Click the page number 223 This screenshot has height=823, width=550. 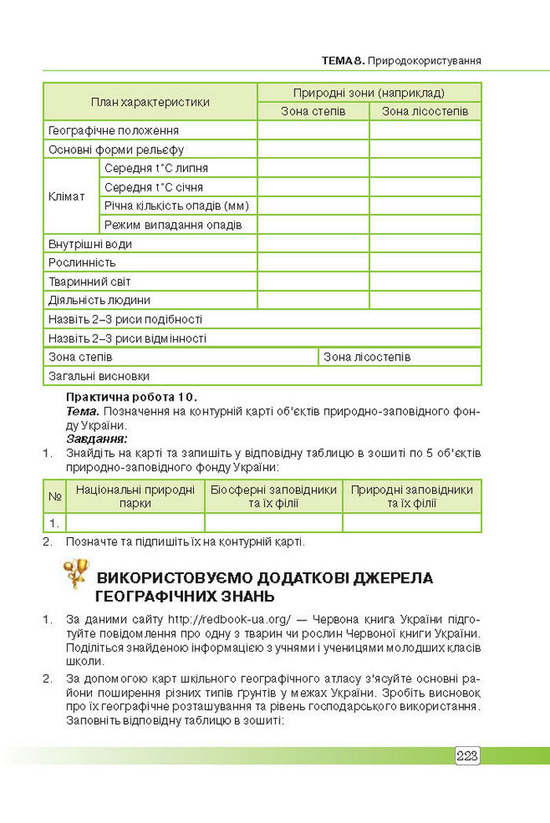[467, 755]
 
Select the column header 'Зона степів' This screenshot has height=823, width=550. [313, 112]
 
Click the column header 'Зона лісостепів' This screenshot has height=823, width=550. [425, 112]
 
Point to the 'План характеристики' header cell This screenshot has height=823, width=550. [150, 102]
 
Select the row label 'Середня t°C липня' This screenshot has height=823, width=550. [156, 168]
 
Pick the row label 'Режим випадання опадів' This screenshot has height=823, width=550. [173, 225]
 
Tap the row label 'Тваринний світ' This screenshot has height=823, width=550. [90, 281]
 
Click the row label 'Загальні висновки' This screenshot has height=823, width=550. [99, 376]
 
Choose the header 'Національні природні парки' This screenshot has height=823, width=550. [135, 496]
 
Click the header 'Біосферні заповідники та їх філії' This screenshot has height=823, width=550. [273, 496]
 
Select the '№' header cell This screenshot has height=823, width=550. [55, 496]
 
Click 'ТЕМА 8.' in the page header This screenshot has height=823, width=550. [343, 60]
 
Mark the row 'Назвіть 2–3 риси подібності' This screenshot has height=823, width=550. [126, 319]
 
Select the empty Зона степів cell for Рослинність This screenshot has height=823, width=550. [313, 262]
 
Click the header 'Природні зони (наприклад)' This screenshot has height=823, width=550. [369, 92]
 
